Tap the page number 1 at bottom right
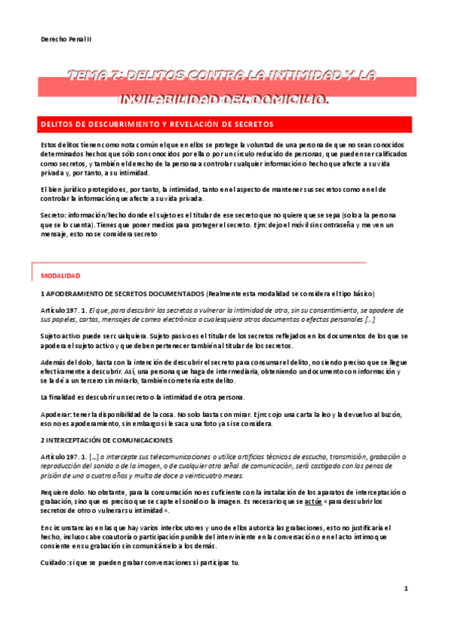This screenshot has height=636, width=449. pos(405,589)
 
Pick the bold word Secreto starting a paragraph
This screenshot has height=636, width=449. pos(53,214)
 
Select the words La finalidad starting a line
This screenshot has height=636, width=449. pos(58,396)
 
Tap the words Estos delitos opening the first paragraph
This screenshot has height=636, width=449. pos(59,144)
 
